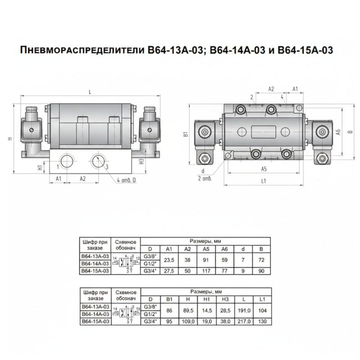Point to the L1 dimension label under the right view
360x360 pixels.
[263, 181]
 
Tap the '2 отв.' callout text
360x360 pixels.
[204, 178]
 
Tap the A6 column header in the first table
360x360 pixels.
[224, 248]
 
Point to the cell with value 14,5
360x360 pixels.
[207, 310]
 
